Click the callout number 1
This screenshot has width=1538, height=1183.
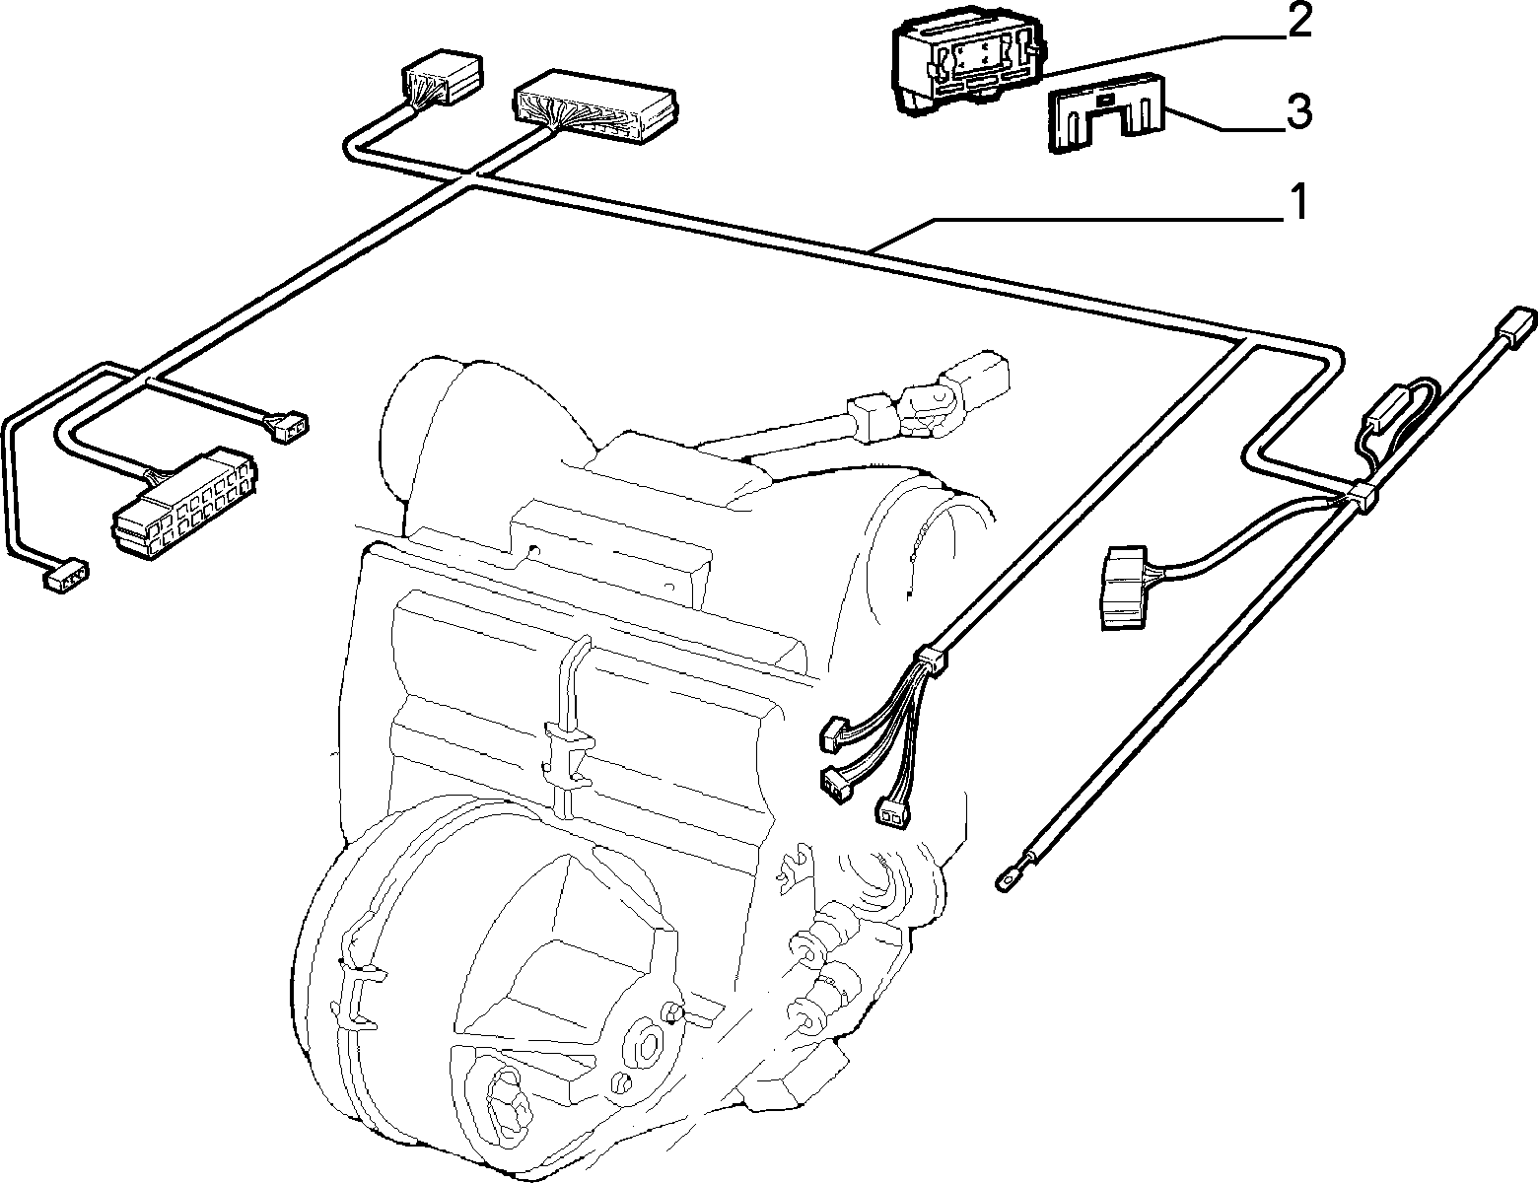[1296, 202]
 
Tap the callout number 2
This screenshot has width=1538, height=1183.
[1298, 22]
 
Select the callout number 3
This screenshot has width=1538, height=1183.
[1298, 112]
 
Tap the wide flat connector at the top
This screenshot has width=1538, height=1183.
[594, 106]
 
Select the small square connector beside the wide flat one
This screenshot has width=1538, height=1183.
[442, 77]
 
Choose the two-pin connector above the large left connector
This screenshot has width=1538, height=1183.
[286, 427]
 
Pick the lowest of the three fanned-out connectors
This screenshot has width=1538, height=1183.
[892, 808]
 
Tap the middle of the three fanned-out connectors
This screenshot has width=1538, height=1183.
[836, 782]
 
